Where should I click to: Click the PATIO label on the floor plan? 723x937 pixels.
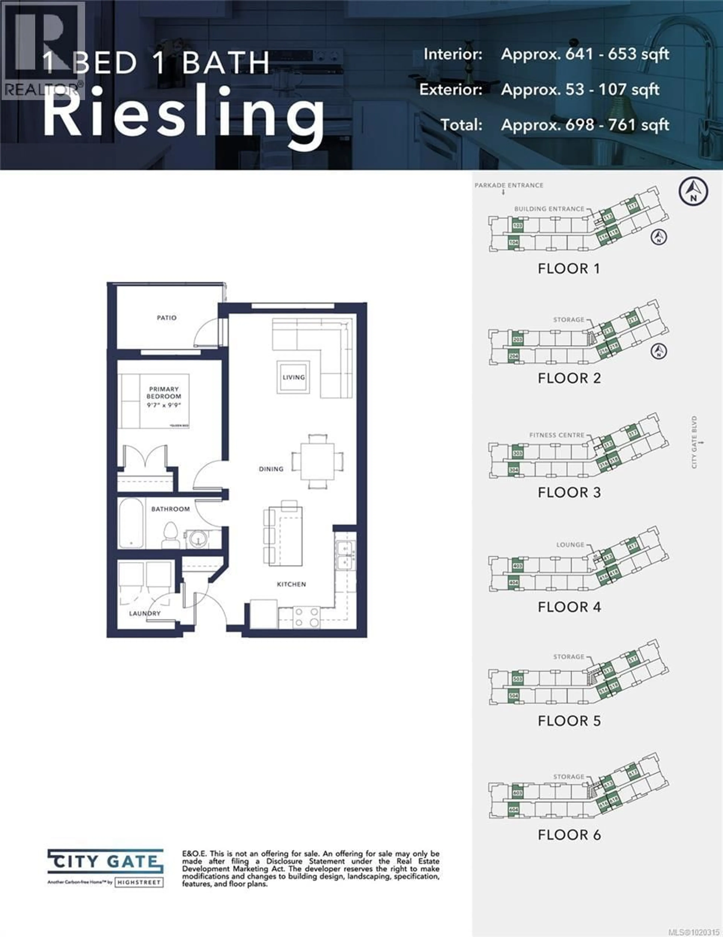click(166, 318)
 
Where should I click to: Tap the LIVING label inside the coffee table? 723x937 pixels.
click(294, 377)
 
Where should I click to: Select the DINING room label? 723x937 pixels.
click(271, 469)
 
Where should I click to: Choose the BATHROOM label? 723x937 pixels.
click(170, 509)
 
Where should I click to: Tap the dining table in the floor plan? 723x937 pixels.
click(317, 461)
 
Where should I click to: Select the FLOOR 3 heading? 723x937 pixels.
click(569, 493)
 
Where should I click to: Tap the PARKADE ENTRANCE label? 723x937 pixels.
click(509, 185)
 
